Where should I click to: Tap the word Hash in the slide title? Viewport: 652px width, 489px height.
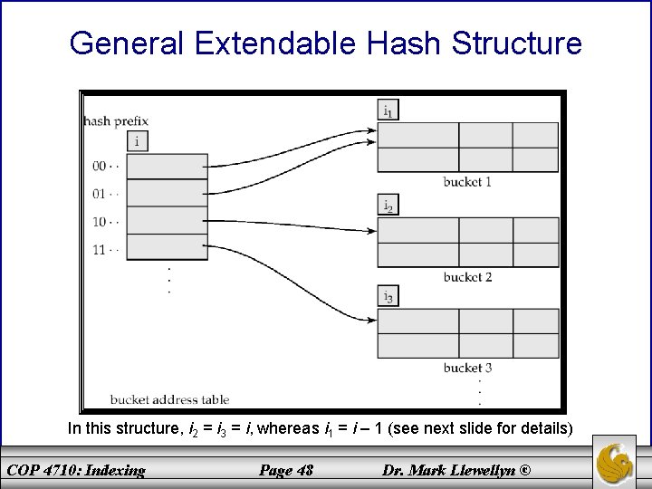415,42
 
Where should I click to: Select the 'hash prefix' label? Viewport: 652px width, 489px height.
116,120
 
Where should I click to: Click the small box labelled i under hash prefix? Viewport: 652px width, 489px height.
137,141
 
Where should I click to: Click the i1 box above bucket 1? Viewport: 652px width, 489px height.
388,111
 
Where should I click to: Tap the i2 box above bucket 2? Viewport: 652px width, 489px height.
388,206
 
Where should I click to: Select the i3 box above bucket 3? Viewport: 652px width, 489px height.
388,296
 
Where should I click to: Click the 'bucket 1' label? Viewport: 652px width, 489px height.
467,182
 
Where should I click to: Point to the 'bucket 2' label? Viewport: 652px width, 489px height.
467,276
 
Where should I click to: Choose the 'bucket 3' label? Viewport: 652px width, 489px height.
467,368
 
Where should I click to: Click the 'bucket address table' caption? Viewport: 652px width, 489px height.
169,398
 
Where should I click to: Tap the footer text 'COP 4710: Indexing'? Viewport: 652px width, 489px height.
75,469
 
